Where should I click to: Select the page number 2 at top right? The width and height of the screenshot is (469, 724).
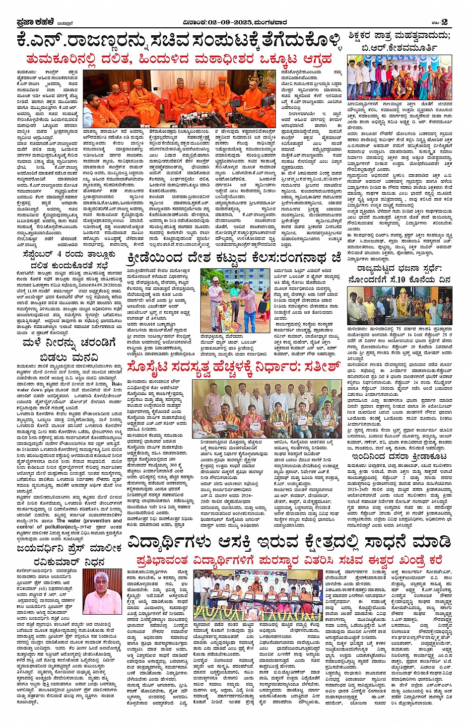(444, 21)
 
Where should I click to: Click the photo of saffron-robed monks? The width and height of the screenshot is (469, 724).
(179, 98)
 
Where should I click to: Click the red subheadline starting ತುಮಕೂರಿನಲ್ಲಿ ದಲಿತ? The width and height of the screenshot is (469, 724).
(179, 60)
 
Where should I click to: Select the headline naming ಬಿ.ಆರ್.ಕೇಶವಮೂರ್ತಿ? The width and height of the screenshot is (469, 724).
(400, 41)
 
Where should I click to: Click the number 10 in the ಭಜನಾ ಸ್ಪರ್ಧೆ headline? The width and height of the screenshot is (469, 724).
(396, 280)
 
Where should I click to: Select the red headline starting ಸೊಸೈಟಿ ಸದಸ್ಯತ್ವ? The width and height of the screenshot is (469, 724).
(233, 368)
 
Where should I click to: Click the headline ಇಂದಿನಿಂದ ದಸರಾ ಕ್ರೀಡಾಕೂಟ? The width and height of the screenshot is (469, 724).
(400, 456)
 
